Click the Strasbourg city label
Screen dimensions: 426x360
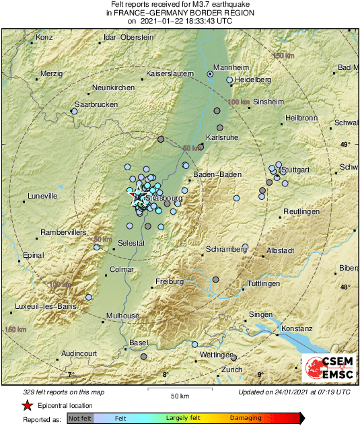(x=161, y=199)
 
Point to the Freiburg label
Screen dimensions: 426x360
(x=170, y=281)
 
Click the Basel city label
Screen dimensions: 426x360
(x=138, y=343)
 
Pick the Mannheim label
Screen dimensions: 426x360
(x=231, y=67)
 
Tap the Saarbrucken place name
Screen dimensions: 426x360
(x=96, y=104)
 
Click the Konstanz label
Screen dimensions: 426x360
(x=297, y=328)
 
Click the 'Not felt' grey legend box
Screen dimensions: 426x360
(x=80, y=418)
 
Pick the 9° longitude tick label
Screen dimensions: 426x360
(x=260, y=374)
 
